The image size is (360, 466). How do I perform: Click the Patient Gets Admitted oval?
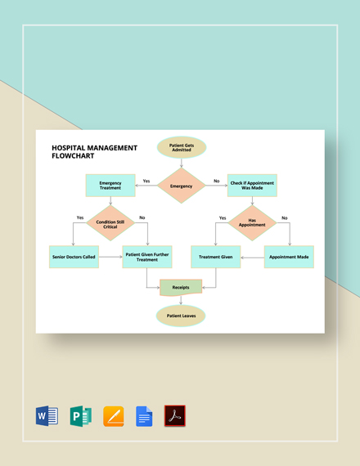click(181, 147)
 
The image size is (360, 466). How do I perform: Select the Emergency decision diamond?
click(181, 186)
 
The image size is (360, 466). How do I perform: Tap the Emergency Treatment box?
click(110, 186)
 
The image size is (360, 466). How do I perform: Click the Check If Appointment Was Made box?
click(252, 186)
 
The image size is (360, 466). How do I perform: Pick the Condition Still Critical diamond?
click(110, 223)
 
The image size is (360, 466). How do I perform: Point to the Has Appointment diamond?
click(253, 222)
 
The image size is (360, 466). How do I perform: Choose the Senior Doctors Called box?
click(73, 257)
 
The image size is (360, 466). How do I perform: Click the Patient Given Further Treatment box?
click(147, 257)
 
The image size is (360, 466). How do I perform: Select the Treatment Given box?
click(216, 257)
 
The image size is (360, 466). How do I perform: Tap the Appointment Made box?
click(288, 257)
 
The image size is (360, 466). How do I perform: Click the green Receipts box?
click(181, 288)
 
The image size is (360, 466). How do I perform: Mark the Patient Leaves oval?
click(181, 316)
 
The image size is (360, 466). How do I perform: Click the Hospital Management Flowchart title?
click(94, 151)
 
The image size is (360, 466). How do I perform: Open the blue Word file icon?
click(47, 416)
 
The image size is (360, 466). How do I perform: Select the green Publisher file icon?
click(80, 416)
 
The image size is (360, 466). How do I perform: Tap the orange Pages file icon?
click(113, 416)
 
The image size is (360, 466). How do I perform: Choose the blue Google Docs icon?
click(144, 416)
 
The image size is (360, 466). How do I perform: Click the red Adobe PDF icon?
click(175, 416)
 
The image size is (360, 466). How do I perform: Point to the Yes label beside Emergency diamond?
click(146, 181)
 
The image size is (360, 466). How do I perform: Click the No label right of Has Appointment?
click(285, 217)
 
